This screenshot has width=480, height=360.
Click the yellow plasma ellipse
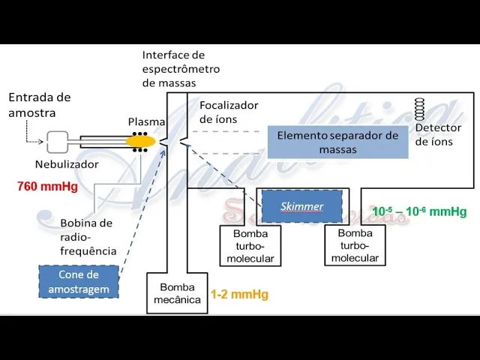[139, 140]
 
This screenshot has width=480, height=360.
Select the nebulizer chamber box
[58, 141]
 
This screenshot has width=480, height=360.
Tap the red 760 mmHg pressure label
[47, 187]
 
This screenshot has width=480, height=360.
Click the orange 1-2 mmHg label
[239, 295]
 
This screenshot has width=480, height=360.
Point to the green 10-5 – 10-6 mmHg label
[419, 211]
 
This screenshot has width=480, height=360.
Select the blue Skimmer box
[301, 206]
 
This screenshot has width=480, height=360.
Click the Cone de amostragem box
[79, 282]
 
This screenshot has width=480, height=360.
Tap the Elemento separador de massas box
[337, 142]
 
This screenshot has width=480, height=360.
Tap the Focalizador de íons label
[228, 112]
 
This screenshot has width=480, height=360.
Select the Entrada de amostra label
[39, 104]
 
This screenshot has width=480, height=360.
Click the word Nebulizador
[67, 164]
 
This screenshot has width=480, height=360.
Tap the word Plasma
[146, 121]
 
